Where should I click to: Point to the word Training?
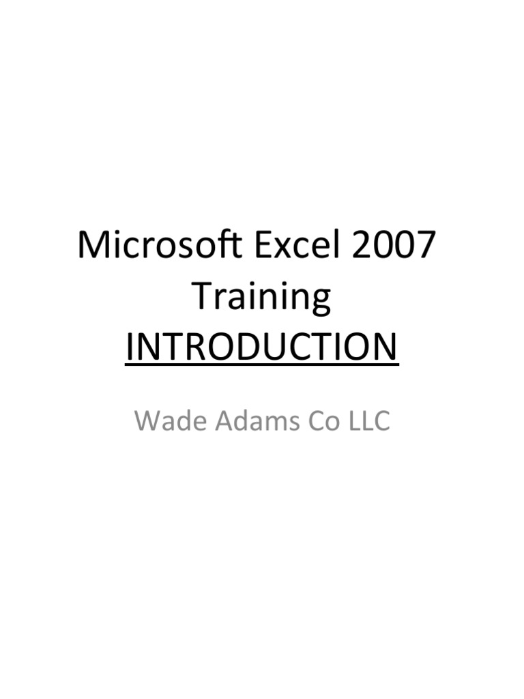(261, 298)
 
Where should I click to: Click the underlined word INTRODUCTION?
(261, 347)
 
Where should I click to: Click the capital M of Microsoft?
(93, 246)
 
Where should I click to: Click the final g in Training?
(319, 302)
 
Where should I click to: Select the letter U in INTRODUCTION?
(272, 347)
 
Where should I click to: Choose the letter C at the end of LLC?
(381, 421)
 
